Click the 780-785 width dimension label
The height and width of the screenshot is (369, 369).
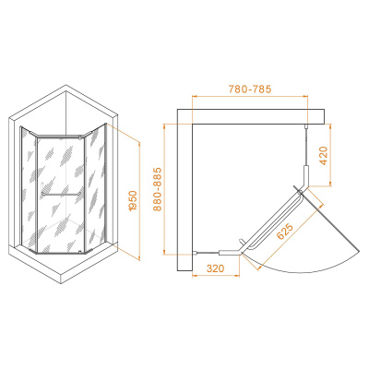[250, 89]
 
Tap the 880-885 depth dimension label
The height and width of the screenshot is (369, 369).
[158, 189]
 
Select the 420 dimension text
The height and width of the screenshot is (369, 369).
[324, 156]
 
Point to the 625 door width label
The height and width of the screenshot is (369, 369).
[285, 231]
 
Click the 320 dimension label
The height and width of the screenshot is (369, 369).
[216, 268]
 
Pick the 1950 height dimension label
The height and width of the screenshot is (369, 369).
[133, 201]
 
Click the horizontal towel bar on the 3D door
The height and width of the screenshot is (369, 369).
[62, 194]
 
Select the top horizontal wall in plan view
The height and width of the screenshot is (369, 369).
[251, 116]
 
